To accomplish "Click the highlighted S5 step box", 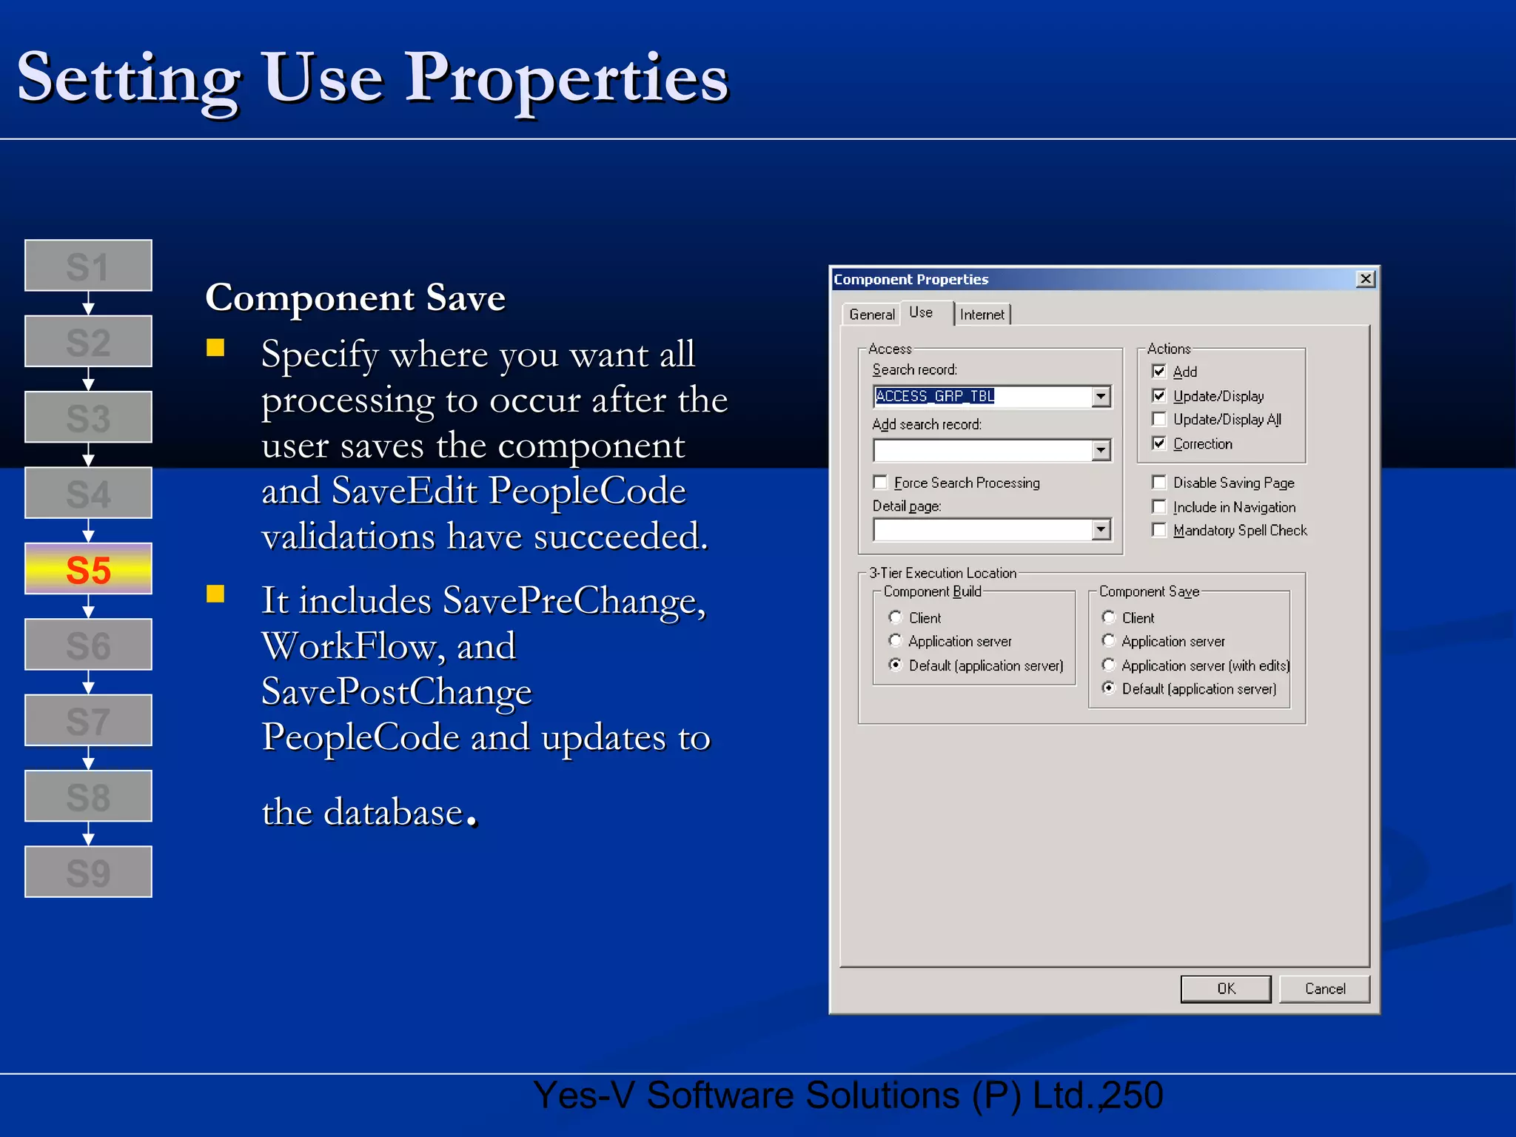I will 88,569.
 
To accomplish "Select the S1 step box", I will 88,266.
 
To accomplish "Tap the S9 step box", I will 88,872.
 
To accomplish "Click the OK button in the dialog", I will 1225,989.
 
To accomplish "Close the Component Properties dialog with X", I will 1366,279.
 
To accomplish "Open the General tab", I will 871,315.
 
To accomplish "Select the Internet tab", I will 982,315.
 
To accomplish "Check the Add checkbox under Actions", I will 1159,372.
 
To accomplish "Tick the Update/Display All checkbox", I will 1159,420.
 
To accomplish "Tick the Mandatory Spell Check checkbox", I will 1159,531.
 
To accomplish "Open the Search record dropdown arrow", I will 1101,397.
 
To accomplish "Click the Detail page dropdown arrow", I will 1101,529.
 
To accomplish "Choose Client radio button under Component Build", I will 896,617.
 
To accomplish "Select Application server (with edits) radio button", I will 1109,665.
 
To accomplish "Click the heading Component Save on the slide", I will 355,298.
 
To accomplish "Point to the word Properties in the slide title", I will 566,78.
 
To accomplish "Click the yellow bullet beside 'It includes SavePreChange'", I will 215,594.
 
